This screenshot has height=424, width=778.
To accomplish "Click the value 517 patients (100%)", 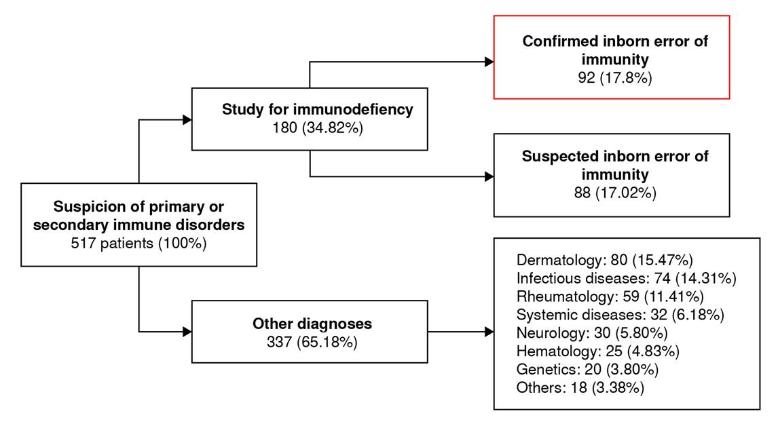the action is (138, 244).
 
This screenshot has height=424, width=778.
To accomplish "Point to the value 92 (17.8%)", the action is (615, 78).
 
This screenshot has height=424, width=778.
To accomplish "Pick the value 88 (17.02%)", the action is (615, 193).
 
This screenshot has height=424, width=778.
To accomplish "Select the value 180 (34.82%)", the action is (318, 128).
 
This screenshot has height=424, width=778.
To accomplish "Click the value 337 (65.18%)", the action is (312, 342).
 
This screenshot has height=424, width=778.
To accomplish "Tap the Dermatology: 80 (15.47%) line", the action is (604, 260).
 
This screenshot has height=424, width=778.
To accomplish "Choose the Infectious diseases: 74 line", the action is (626, 278).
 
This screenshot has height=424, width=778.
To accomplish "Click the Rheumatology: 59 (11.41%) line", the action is (610, 296).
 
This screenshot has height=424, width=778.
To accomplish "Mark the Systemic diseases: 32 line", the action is (620, 315).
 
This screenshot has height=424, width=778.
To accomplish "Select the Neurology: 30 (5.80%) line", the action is (592, 332).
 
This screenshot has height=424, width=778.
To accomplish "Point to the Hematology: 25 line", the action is (598, 351).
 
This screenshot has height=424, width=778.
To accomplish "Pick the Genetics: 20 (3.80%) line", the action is (587, 370).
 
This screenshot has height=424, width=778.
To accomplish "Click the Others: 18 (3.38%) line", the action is (580, 387).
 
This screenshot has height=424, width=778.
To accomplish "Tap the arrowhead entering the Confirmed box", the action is (489, 62).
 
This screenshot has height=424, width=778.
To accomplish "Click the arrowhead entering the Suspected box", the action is (489, 176).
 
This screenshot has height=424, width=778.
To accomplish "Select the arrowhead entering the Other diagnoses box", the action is (187, 331).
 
